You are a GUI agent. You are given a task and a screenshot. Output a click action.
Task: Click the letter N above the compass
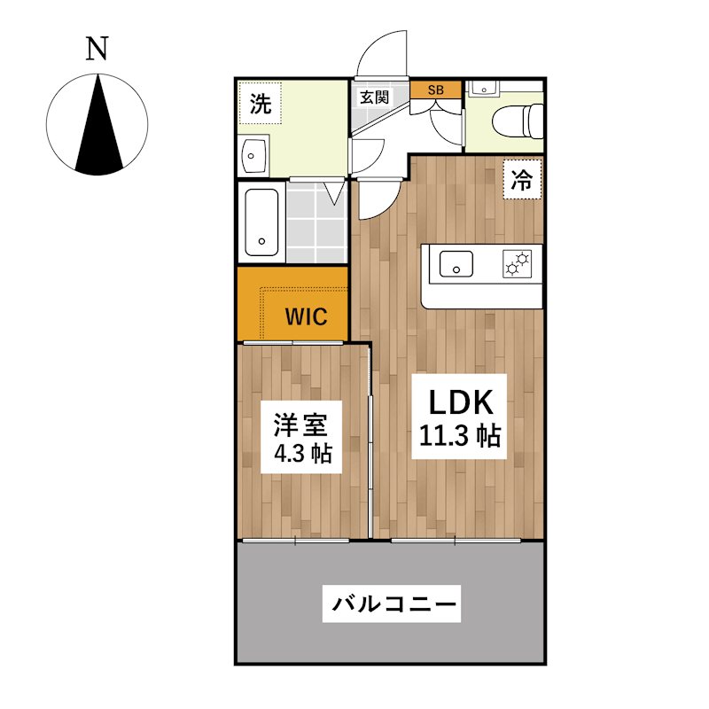(x=97, y=49)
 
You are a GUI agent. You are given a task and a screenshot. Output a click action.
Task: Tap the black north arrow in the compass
(x=98, y=131)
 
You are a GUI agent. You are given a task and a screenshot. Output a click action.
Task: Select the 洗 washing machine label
(x=261, y=104)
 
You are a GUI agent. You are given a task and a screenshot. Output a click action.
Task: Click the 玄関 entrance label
(x=374, y=97)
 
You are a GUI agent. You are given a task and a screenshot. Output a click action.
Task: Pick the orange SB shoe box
(x=435, y=90)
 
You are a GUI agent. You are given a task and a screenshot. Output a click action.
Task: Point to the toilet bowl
(x=518, y=121)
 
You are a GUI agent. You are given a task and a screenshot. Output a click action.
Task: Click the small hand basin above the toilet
(x=483, y=90)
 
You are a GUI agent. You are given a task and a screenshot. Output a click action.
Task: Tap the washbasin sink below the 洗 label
(x=253, y=156)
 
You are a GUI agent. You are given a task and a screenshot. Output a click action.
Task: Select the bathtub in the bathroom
(x=261, y=222)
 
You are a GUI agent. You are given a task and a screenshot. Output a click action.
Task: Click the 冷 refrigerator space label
(x=522, y=180)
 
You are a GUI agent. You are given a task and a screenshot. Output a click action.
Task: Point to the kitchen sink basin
(x=456, y=264)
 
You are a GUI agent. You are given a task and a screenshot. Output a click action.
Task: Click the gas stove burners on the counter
(x=518, y=263)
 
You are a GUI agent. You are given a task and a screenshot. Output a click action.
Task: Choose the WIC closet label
(x=306, y=316)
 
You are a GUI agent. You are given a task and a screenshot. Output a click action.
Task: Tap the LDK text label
(x=460, y=402)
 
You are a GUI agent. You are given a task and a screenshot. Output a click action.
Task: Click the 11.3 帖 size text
(x=460, y=435)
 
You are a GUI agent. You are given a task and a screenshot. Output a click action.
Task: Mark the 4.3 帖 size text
(x=303, y=453)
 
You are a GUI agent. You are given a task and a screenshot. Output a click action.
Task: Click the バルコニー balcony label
(x=392, y=604)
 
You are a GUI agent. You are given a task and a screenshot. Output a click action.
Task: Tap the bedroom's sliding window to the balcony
(x=296, y=541)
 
